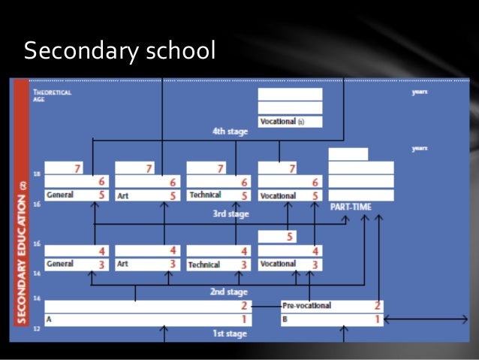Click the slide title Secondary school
119,51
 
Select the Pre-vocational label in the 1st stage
308,306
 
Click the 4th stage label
229,132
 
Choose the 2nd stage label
229,292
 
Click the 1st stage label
229,334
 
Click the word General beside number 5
60,195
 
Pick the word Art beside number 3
123,265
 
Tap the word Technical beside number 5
205,195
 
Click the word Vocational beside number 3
278,265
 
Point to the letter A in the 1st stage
49,319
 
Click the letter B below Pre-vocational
285,319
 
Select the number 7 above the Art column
149,168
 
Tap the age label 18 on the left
36,174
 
